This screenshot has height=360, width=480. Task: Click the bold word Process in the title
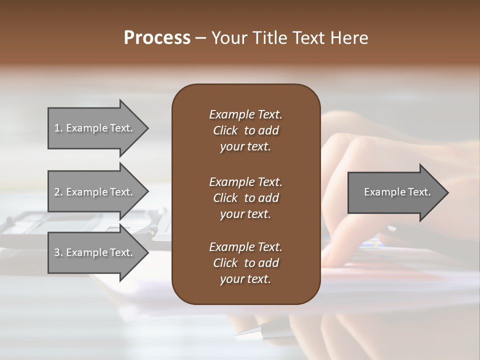coord(157,38)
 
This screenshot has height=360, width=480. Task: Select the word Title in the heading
coord(270,38)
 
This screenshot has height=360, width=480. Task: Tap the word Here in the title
coord(349,38)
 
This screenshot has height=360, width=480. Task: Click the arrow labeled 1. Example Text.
coord(94,128)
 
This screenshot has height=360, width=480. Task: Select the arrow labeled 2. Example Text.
coord(94,192)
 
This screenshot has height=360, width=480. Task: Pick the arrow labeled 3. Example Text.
coord(94,252)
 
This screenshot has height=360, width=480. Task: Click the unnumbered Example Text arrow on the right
coord(397,192)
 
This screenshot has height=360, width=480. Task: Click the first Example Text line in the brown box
coord(245,114)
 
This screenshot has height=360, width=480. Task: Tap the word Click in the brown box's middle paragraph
coord(225,198)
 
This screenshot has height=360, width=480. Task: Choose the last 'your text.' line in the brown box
coord(245,279)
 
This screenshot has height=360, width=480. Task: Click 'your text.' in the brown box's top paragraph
coord(245,147)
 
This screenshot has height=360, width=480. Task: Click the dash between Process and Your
coord(200,38)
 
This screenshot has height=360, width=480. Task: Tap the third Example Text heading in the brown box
coord(245,247)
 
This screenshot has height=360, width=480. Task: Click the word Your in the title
coord(229,38)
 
